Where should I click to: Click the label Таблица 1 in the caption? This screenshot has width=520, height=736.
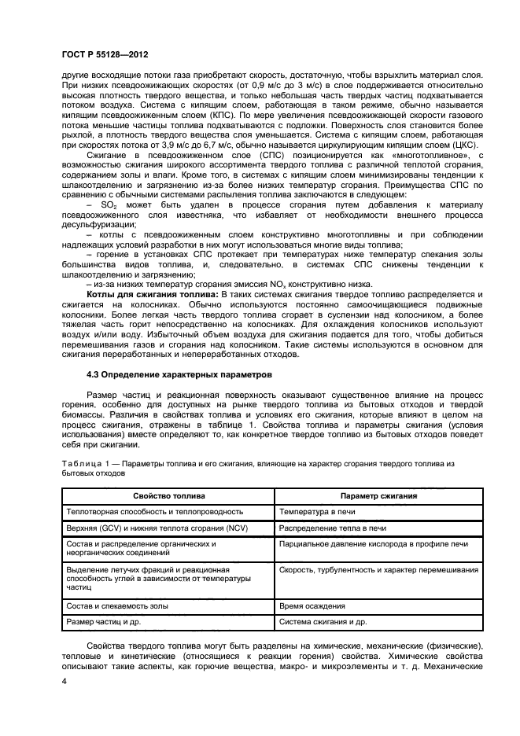(83, 465)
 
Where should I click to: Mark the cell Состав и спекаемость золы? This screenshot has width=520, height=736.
(119, 605)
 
